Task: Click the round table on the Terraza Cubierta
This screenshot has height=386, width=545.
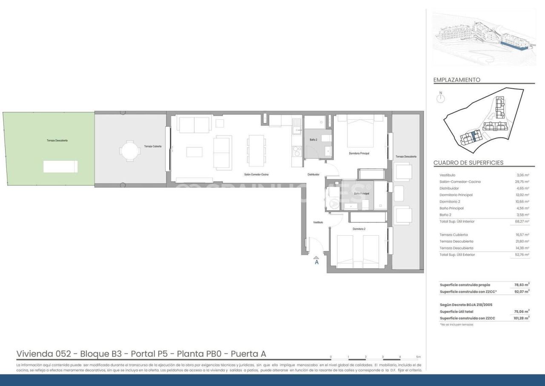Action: (x=129, y=151)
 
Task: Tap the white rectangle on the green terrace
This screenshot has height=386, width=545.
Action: (x=60, y=166)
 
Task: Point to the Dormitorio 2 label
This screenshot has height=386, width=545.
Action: (x=359, y=229)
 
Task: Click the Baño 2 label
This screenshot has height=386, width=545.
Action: (x=313, y=140)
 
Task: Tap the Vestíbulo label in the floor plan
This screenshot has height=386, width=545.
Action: (x=318, y=222)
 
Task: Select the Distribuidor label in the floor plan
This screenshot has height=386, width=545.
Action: (x=313, y=175)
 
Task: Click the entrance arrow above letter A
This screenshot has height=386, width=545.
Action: (x=316, y=257)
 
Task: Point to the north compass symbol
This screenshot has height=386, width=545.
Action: (x=441, y=99)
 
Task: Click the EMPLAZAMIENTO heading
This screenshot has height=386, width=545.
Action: (x=456, y=80)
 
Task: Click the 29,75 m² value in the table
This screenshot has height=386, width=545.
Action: (x=522, y=181)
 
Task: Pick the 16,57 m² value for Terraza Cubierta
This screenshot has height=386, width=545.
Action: (x=522, y=235)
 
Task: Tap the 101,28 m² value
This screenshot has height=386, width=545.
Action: (x=522, y=318)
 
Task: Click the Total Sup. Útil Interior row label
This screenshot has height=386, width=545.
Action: (x=457, y=222)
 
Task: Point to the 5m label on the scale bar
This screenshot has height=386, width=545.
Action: (x=418, y=357)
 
